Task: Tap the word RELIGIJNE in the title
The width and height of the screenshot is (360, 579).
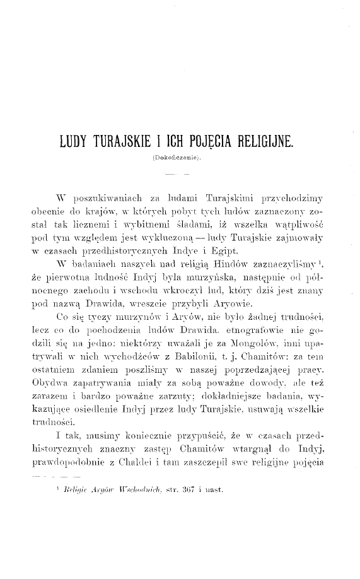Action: (x=270, y=141)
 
